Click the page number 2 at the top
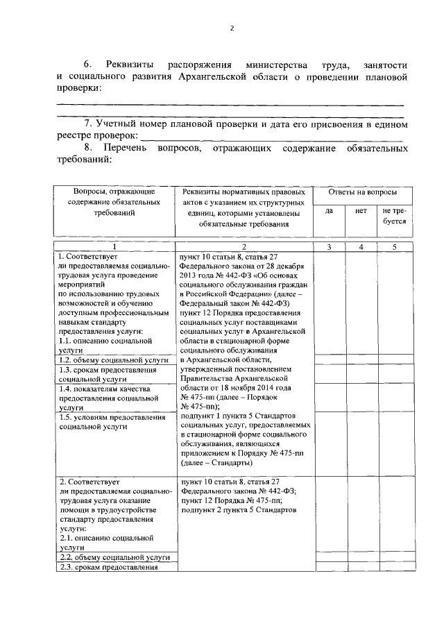pos(232,28)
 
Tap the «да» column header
pos(330,210)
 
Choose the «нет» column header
pos(361,210)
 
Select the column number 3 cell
pos(330,246)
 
